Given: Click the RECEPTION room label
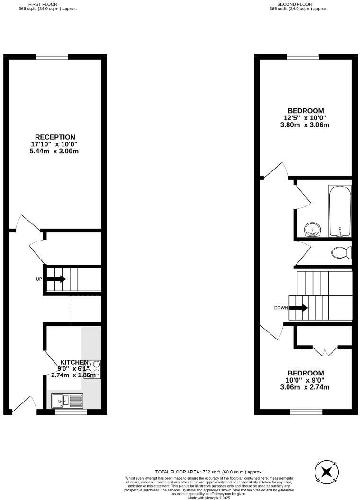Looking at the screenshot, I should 55,137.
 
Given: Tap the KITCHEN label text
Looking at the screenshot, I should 74,362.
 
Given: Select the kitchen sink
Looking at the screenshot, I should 67,401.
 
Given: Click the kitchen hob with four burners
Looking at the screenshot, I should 92,369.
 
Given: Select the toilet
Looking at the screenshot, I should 341,253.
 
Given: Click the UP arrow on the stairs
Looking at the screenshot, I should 56,279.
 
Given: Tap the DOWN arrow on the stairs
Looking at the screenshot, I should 298,308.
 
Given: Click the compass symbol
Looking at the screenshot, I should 326,472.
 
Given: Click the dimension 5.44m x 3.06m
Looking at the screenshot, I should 55,152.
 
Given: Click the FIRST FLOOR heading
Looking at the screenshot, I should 47,4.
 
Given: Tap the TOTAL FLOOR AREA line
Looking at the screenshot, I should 209,472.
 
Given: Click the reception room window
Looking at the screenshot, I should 52,57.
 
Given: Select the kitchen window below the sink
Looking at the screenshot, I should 71,412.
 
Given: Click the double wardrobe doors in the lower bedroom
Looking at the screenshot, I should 325,351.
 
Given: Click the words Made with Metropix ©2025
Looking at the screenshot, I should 209,498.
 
